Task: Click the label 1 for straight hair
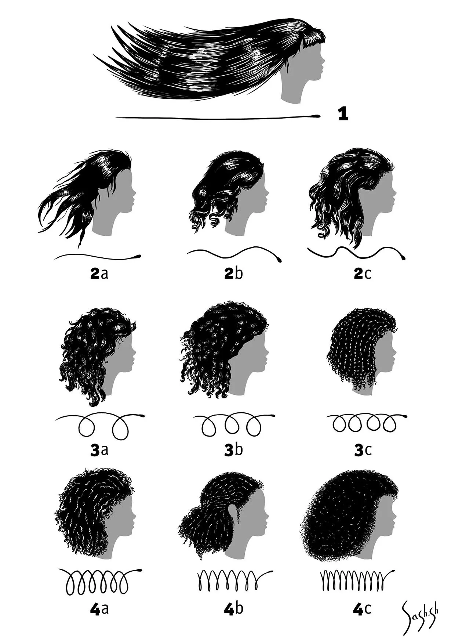click(343, 115)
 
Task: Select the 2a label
click(99, 274)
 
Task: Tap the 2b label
click(233, 274)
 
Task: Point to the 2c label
click(362, 274)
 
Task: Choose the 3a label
click(99, 450)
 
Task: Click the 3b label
click(233, 450)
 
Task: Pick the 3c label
click(363, 450)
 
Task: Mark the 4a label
click(99, 609)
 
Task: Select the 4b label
click(233, 609)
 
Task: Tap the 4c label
click(362, 609)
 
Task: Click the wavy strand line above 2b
click(234, 252)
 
